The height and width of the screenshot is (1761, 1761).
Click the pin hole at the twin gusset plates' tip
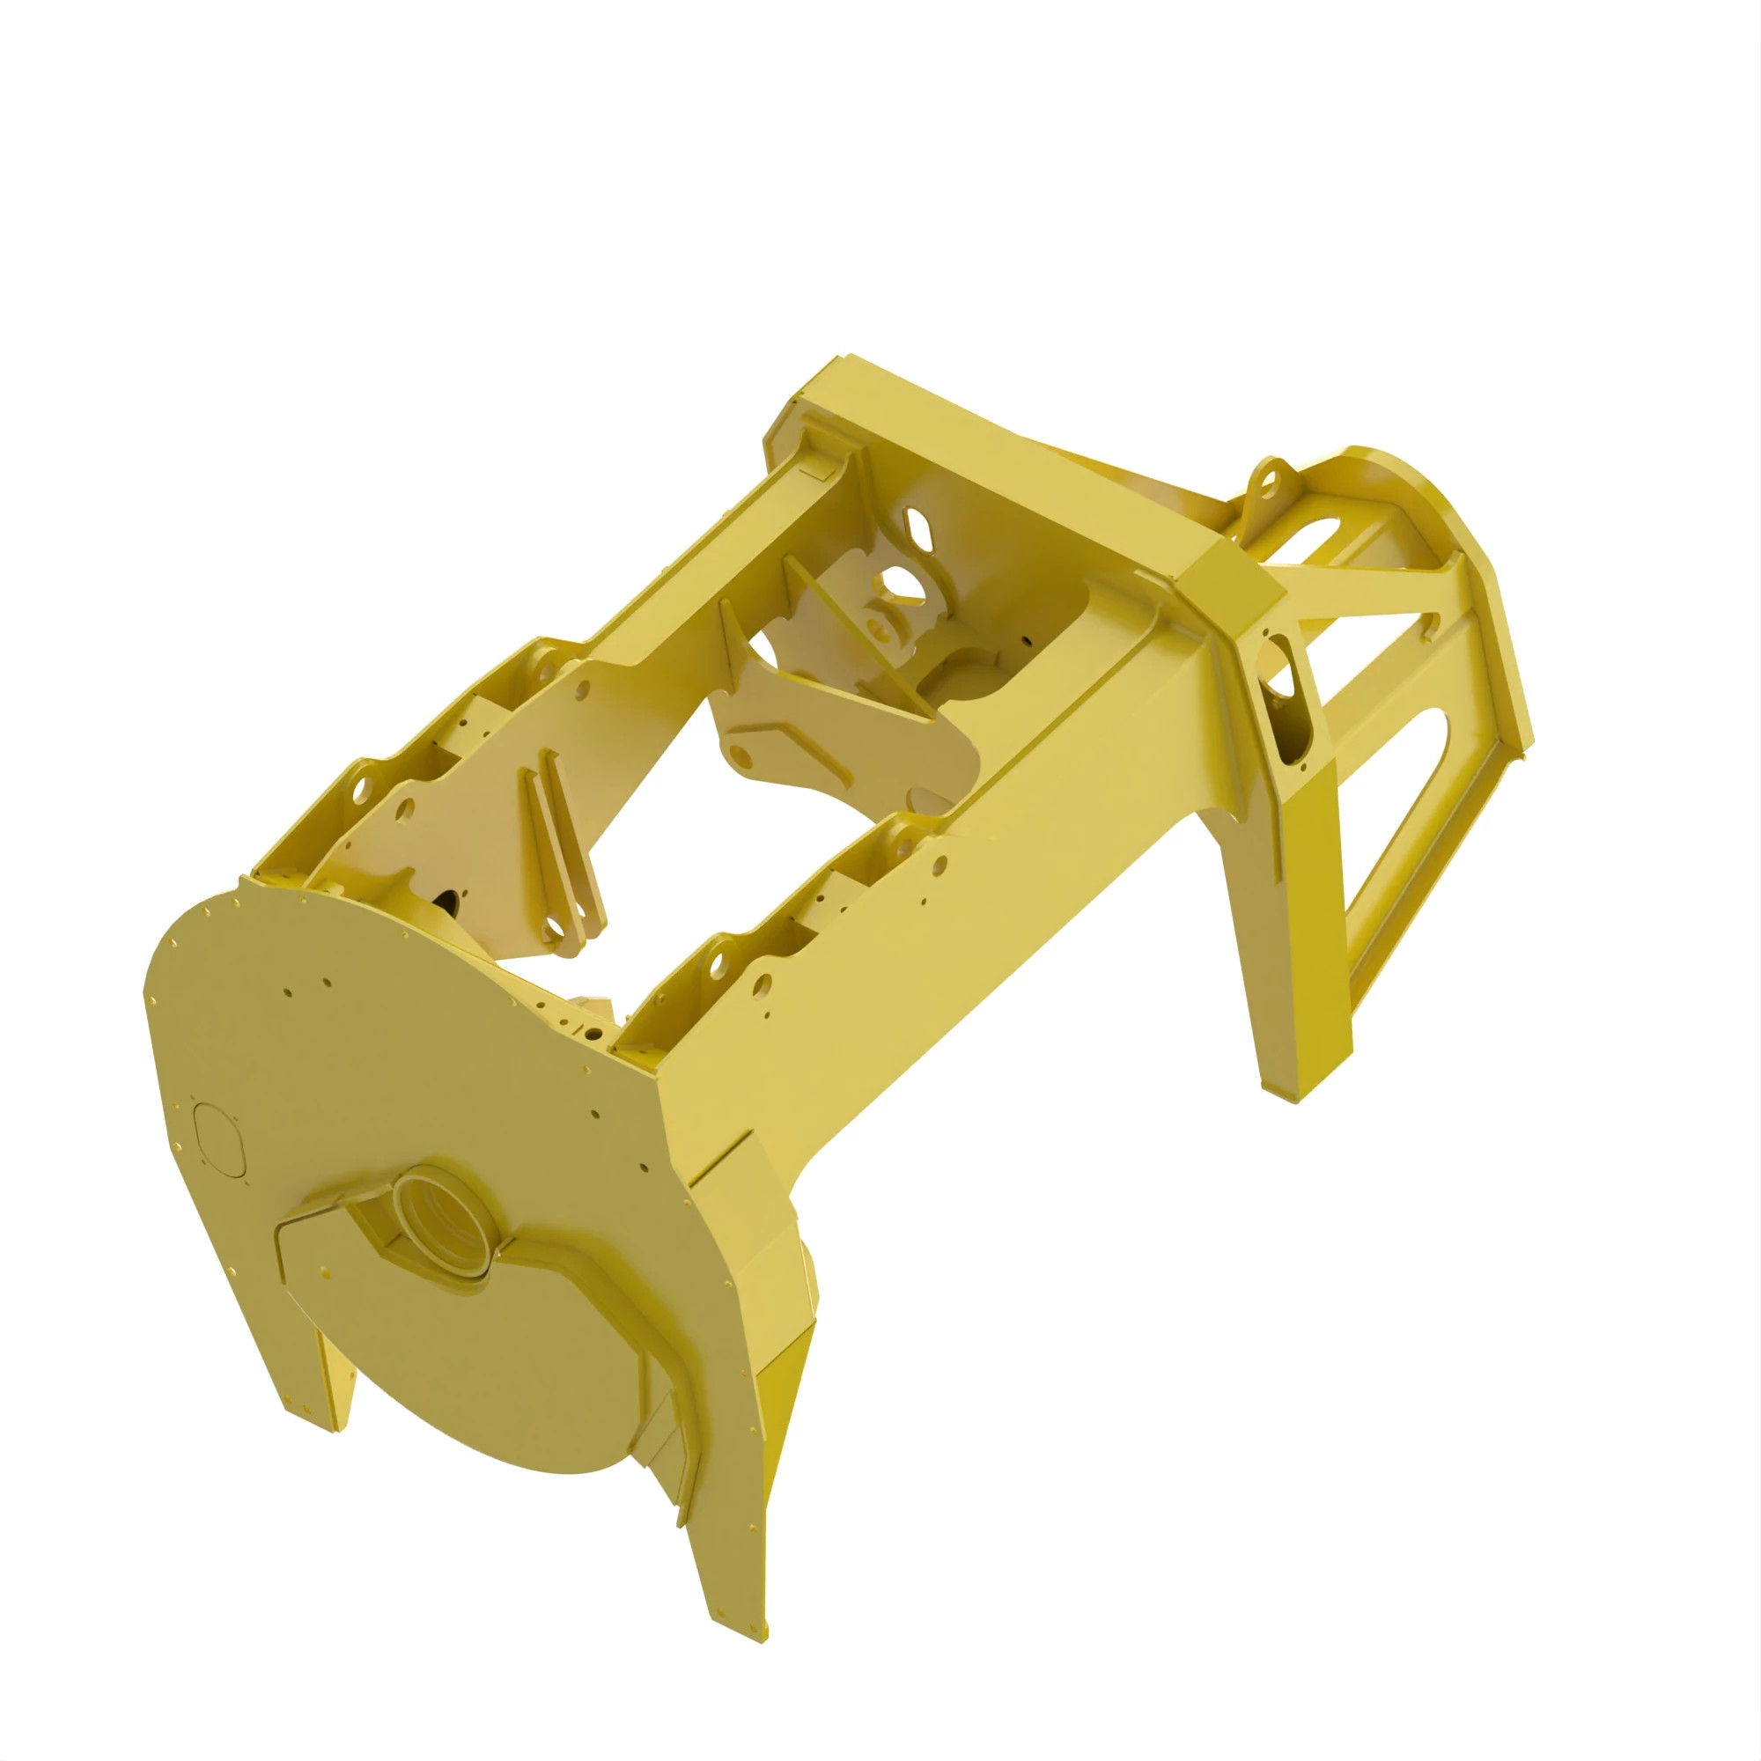pyautogui.click(x=554, y=929)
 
